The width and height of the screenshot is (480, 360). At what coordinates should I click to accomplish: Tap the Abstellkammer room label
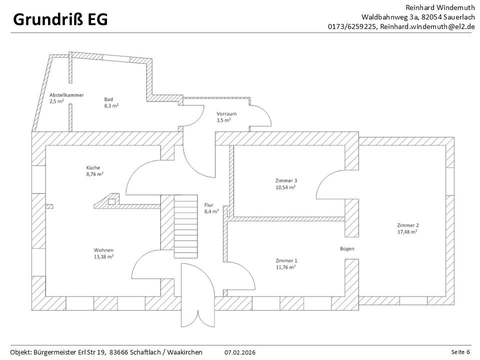(66, 95)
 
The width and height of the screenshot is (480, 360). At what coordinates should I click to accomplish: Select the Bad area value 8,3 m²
(111, 105)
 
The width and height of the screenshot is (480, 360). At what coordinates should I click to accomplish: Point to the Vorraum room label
(226, 113)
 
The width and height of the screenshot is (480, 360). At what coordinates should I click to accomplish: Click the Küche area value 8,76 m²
(94, 174)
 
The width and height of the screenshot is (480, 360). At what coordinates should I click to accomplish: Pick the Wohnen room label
(103, 250)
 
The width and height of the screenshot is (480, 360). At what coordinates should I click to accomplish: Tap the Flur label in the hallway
(209, 205)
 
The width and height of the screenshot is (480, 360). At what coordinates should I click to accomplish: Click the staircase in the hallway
(186, 226)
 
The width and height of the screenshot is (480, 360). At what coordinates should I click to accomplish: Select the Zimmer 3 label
(286, 180)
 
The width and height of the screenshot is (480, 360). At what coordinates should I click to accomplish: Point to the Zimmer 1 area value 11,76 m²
(286, 267)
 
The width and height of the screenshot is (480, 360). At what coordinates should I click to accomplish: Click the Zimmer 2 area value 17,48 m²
(407, 231)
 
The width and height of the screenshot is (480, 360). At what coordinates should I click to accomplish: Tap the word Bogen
(347, 248)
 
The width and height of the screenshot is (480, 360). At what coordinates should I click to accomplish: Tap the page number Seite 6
(460, 352)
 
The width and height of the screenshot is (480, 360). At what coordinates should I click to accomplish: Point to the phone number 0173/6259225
(352, 26)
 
